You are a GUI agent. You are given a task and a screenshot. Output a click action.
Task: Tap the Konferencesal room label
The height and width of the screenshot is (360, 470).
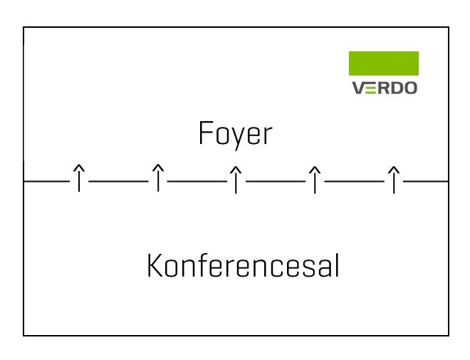click(243, 266)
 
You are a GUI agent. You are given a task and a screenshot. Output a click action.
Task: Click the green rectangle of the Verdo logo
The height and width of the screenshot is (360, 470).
click(384, 63)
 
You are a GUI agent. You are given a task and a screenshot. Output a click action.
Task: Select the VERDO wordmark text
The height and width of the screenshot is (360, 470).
click(385, 88)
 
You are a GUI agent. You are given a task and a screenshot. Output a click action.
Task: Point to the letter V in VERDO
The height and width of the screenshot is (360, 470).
click(358, 88)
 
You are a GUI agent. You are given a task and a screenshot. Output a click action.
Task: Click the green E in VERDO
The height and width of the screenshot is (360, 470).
click(371, 88)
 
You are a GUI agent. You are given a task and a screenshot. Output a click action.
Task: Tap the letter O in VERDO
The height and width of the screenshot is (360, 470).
click(409, 88)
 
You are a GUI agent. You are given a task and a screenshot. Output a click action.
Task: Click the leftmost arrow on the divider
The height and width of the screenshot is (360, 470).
click(79, 178)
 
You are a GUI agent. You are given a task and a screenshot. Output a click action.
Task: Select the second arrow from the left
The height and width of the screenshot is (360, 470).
click(158, 178)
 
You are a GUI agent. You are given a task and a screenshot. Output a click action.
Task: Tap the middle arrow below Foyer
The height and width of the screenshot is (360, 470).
click(236, 180)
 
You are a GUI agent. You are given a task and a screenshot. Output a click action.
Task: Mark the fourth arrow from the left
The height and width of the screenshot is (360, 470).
click(315, 180)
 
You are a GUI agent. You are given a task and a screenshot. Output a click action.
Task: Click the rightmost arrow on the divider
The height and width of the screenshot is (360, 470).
click(394, 180)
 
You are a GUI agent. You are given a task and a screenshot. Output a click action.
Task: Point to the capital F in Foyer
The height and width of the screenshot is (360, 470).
click(206, 133)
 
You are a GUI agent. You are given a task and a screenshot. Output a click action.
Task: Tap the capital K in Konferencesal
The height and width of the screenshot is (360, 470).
click(155, 265)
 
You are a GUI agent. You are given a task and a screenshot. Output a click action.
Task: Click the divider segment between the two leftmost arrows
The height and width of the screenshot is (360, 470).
click(118, 181)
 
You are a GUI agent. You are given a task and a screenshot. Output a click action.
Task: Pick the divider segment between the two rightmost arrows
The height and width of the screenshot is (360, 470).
click(355, 181)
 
